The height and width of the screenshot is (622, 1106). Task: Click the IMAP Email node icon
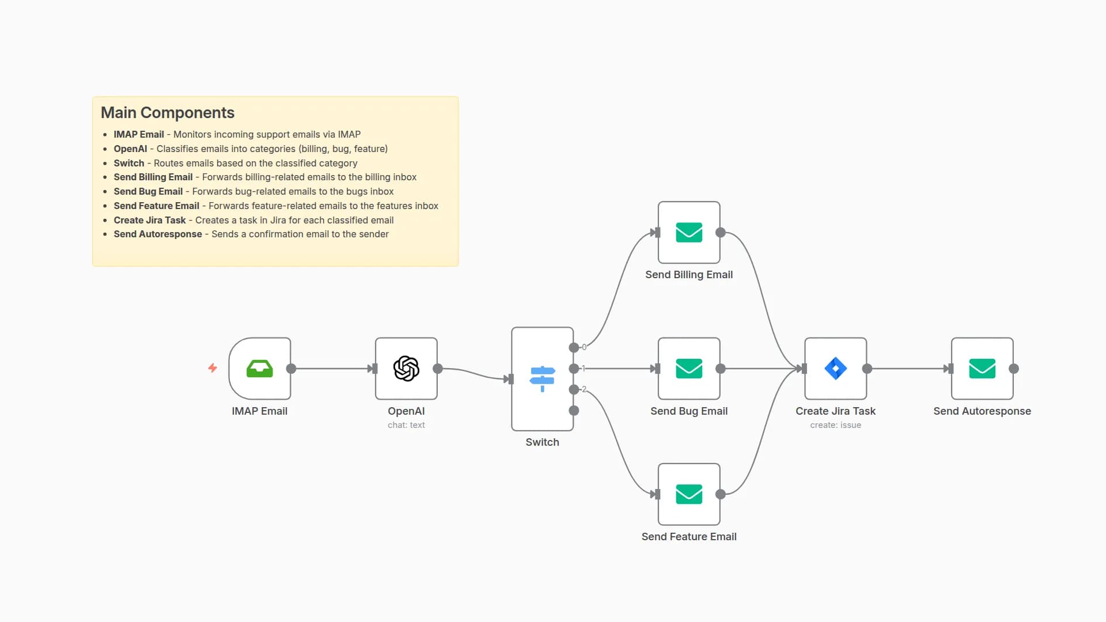click(259, 369)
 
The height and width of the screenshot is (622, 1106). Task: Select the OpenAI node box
click(406, 369)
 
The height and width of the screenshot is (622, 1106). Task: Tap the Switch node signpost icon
click(542, 378)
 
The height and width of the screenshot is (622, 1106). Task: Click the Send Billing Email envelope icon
click(689, 233)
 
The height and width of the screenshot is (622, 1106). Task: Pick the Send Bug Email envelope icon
click(689, 369)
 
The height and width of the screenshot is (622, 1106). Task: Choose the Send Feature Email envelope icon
click(689, 494)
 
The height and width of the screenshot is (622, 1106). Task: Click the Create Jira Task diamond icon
click(835, 369)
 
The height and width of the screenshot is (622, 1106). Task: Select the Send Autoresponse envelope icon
click(982, 369)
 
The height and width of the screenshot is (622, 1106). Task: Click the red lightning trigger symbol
click(213, 368)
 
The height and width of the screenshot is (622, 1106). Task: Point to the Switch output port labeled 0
click(574, 347)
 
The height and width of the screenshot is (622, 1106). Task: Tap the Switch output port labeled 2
click(574, 390)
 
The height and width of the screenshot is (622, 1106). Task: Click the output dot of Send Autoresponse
click(1014, 369)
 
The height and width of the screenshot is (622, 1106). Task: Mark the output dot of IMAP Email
click(291, 369)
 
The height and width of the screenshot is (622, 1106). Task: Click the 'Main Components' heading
click(168, 113)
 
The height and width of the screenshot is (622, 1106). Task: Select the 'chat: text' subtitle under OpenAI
click(406, 425)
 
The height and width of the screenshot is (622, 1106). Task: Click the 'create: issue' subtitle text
click(835, 425)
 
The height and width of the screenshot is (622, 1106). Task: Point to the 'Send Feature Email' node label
click(689, 537)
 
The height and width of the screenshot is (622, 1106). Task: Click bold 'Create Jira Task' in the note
click(150, 220)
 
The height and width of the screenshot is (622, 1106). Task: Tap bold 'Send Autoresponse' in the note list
click(158, 234)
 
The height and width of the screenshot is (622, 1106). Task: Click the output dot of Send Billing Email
click(720, 233)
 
